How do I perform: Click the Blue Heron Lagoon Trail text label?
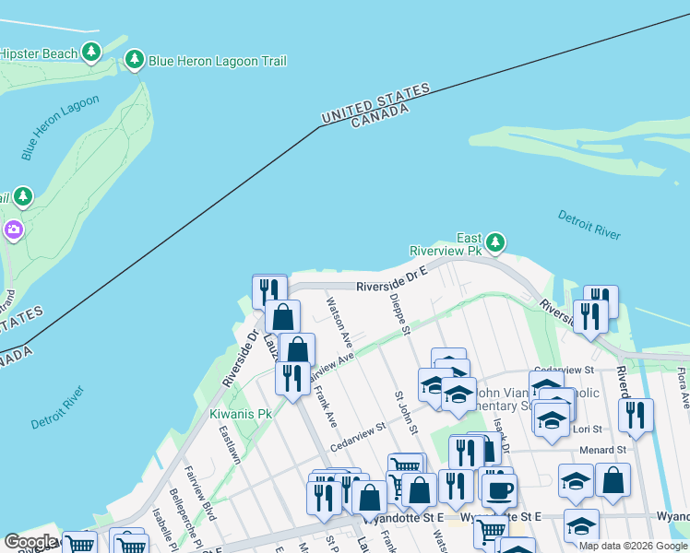(219, 61)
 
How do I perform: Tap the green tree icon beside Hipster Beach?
(91, 53)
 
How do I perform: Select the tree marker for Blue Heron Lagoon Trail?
(135, 61)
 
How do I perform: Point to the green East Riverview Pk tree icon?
(496, 242)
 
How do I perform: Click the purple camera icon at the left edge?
(13, 229)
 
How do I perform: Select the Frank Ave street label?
(325, 406)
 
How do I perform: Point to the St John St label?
(407, 412)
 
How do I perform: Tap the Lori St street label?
(589, 429)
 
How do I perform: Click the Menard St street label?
(603, 451)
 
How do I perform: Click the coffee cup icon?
(499, 489)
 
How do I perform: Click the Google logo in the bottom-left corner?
(30, 541)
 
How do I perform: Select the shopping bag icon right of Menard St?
(613, 479)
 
